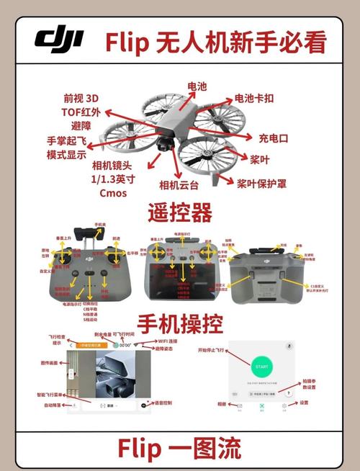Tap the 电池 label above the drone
[x=196, y=86]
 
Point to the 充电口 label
[x=274, y=136]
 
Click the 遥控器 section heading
[x=179, y=213]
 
